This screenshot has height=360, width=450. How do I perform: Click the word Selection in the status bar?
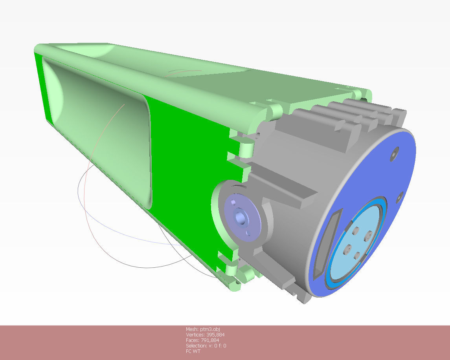(195, 345)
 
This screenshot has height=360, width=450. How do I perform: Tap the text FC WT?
(193, 351)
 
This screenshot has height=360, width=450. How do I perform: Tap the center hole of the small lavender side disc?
(239, 216)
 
